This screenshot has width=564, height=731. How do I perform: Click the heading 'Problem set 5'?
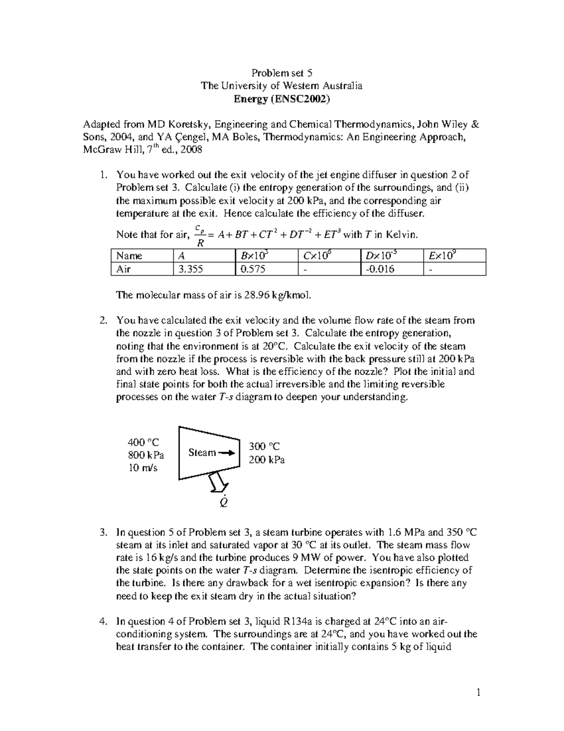click(x=282, y=73)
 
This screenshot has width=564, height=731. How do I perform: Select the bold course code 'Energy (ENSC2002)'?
click(x=282, y=99)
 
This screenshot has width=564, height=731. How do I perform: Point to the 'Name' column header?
click(x=129, y=256)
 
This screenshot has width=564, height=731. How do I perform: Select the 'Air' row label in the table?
click(x=124, y=269)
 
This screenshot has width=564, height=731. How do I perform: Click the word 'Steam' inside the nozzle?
click(x=202, y=452)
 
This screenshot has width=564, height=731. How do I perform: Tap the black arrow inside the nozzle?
click(x=226, y=453)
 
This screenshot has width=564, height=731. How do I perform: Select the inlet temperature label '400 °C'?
click(x=143, y=442)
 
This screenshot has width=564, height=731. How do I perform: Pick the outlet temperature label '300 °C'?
click(x=264, y=446)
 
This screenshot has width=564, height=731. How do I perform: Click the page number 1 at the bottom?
click(x=478, y=692)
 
